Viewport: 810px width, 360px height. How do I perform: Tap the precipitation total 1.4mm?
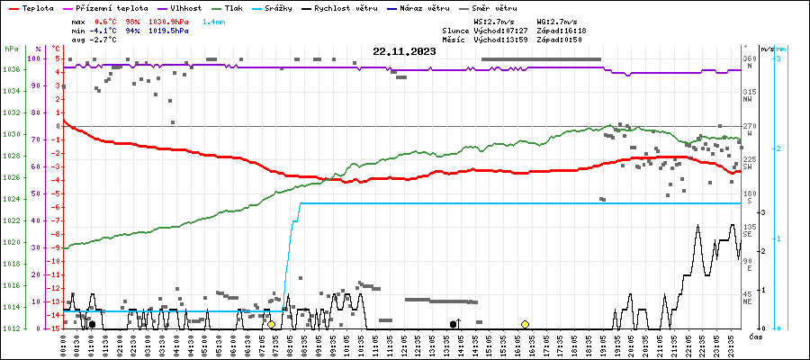pyautogui.click(x=213, y=20)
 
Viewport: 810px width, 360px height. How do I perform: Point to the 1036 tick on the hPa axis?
pyautogui.click(x=11, y=69)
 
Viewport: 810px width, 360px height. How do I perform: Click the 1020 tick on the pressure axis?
pyautogui.click(x=11, y=242)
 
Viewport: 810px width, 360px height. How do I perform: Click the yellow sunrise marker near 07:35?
pyautogui.click(x=271, y=324)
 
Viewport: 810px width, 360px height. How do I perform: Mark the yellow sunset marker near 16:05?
pyautogui.click(x=525, y=324)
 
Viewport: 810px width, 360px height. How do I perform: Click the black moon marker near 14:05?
pyautogui.click(x=454, y=324)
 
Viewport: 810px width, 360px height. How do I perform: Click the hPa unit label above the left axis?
pyautogui.click(x=11, y=48)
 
